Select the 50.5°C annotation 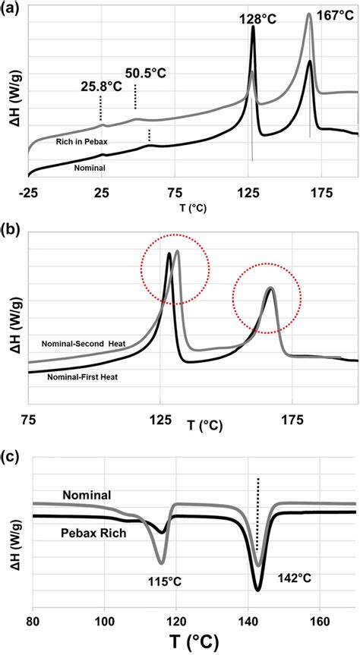[145, 74]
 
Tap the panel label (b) [14, 227]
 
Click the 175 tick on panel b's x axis [292, 419]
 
